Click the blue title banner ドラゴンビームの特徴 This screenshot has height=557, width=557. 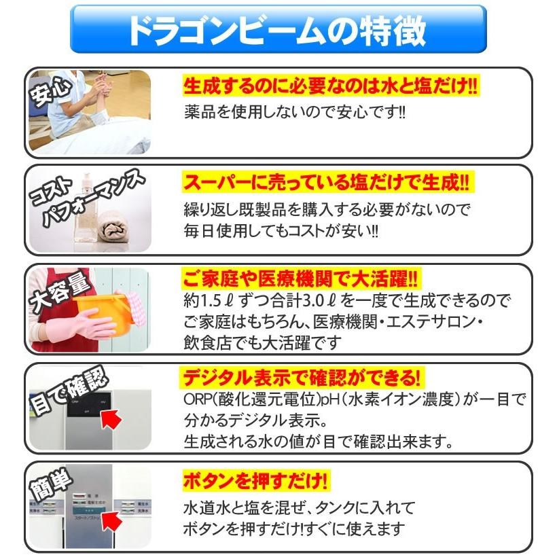(278, 30)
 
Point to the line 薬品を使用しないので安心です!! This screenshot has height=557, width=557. (295, 111)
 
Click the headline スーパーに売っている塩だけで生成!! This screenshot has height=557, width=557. (326, 183)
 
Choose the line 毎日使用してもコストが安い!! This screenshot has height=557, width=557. (281, 231)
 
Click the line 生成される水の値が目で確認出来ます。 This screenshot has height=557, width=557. (318, 442)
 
